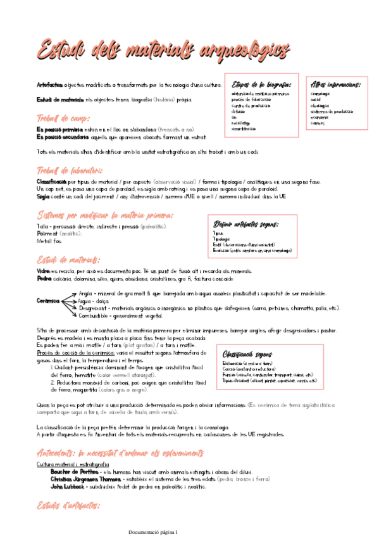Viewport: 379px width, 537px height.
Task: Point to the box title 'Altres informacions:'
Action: (x=336, y=84)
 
